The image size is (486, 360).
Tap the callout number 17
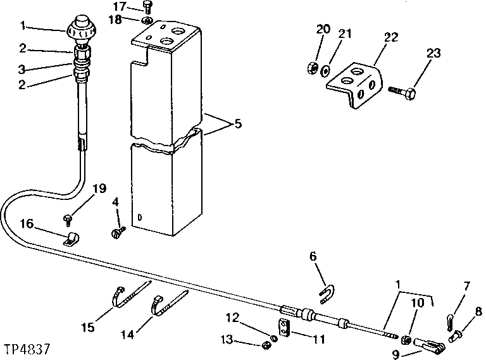[120, 7]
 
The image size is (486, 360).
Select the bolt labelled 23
[404, 93]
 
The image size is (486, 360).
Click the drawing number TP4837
[26, 349]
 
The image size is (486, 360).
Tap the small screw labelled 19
[68, 219]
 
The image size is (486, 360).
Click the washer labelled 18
[147, 23]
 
